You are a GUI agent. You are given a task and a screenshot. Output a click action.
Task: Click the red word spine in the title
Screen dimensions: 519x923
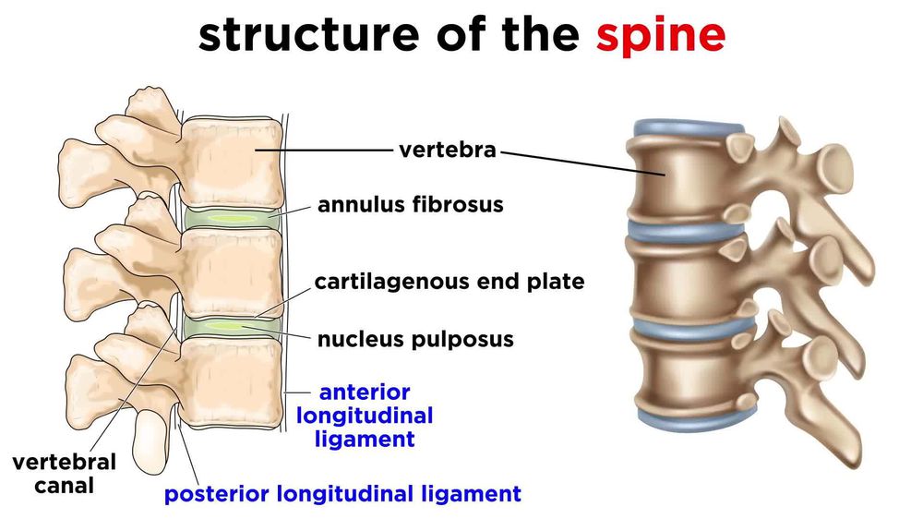coord(660,35)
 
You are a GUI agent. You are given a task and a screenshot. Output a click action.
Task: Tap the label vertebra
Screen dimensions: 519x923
coord(448,150)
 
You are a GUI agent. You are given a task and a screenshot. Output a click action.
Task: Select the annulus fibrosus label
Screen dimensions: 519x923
coord(411,204)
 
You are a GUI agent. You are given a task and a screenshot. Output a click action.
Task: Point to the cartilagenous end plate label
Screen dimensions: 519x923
coord(450,281)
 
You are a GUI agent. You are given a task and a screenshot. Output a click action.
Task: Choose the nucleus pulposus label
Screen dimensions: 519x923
coord(415,339)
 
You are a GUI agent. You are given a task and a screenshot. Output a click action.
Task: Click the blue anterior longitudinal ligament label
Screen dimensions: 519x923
coord(365,416)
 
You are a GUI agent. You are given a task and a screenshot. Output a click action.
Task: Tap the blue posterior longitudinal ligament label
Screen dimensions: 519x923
coord(342,494)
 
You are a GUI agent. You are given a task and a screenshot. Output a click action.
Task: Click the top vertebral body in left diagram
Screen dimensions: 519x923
coord(231,164)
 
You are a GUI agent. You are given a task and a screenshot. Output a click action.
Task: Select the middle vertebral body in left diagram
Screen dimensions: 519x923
coord(231,272)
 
